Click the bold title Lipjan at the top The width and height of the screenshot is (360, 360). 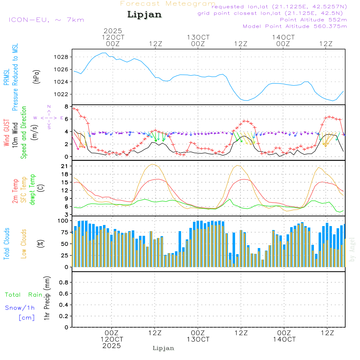144,15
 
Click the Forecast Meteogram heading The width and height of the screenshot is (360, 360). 168,4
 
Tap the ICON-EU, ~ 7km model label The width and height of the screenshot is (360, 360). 46,20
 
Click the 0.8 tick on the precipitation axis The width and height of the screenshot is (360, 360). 64,283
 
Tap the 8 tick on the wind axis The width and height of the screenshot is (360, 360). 67,107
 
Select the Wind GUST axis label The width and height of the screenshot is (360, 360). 7,133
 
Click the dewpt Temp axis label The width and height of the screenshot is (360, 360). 32,190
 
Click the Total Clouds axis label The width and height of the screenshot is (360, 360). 7,243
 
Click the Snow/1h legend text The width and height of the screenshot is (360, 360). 20,308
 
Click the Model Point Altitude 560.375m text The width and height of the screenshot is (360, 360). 295,26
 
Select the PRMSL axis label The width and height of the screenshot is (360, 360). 7,77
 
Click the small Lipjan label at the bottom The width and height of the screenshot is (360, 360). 163,348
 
